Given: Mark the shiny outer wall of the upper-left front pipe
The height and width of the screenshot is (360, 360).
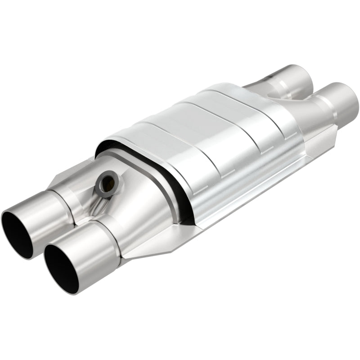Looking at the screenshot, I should (x=45, y=211).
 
